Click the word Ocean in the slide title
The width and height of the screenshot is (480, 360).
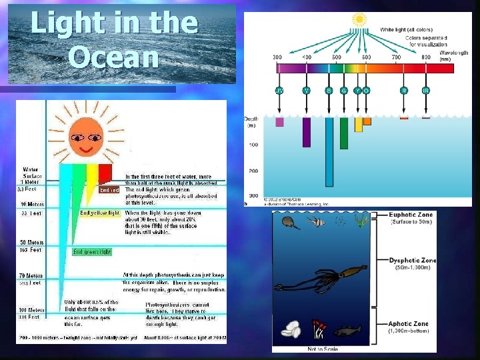tap(114, 57)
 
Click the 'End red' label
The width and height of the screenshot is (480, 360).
tap(109, 190)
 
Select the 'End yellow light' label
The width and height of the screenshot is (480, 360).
tap(99, 213)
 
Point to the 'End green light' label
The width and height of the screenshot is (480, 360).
tap(92, 252)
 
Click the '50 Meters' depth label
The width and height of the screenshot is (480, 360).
tap(32, 243)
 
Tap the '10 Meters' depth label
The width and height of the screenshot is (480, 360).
tap(31, 204)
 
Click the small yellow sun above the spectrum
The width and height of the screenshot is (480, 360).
tap(360, 20)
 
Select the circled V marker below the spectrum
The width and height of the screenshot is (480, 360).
tap(307, 90)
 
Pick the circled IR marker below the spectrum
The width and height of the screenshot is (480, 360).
tap(426, 90)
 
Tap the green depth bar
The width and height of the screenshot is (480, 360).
tap(344, 133)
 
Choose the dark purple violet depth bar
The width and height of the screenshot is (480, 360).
tap(307, 131)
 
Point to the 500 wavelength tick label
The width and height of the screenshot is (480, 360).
tap(337, 58)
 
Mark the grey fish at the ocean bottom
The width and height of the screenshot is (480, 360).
tap(346, 331)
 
